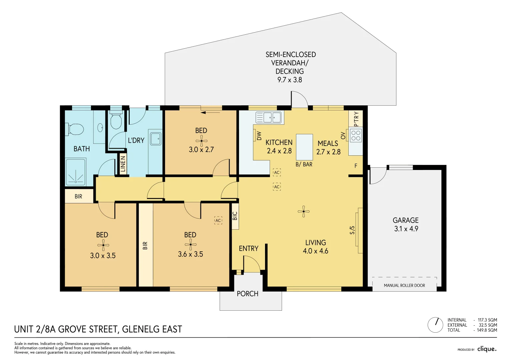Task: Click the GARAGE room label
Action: coord(405,220)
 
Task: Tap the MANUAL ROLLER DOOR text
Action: coord(404,286)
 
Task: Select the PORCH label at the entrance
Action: coord(247,294)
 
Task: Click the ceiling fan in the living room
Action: coord(303,211)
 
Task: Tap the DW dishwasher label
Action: coord(259,136)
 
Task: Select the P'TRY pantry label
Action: coord(356,119)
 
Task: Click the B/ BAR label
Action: coord(304,164)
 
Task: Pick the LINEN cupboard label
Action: coord(123,164)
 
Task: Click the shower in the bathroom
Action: coord(76,172)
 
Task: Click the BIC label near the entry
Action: coord(235,216)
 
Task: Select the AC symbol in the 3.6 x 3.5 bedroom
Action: coord(218,220)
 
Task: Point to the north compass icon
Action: coord(435,325)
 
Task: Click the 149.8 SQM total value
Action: coord(487,330)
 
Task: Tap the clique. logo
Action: coord(487,349)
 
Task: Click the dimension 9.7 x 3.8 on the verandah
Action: coord(290,80)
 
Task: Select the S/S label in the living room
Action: coord(352,230)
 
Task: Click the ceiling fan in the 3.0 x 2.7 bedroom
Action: coord(201,141)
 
